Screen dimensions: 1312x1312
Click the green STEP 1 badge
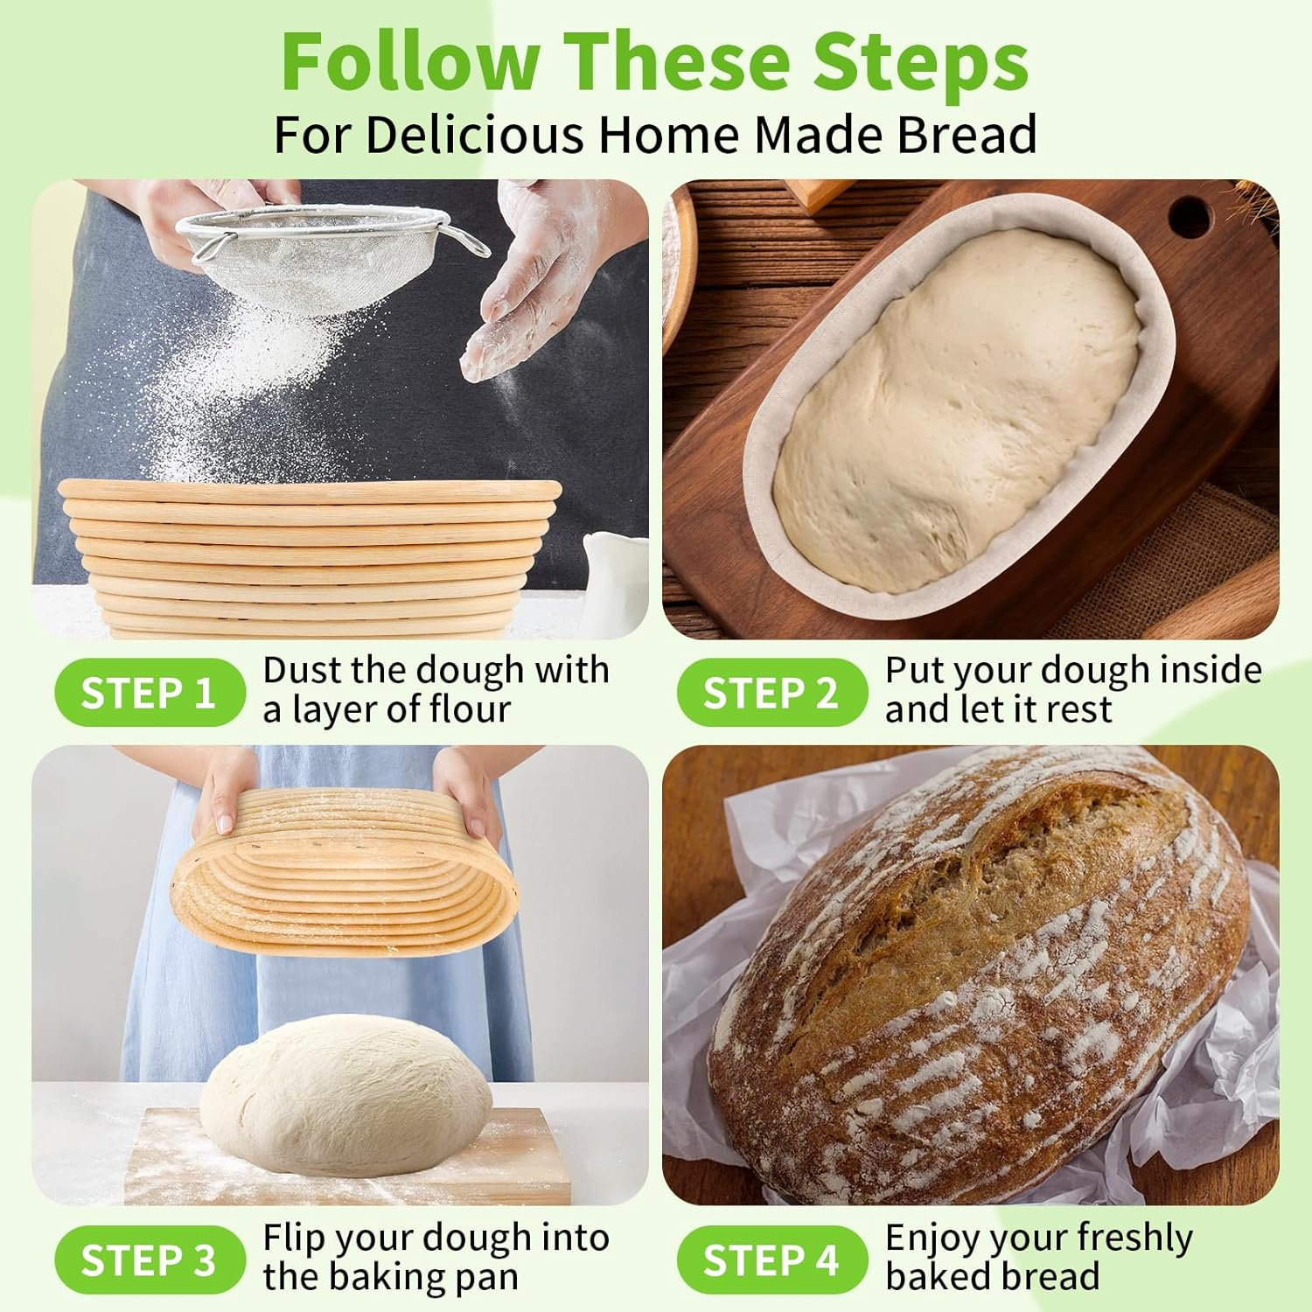149,693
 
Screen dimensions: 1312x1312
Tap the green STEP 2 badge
771,693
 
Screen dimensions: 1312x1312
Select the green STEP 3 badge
149,1260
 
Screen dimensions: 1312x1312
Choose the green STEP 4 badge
771,1260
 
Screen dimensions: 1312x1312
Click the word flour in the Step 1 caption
466,709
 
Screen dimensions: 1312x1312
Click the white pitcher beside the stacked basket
612,577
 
